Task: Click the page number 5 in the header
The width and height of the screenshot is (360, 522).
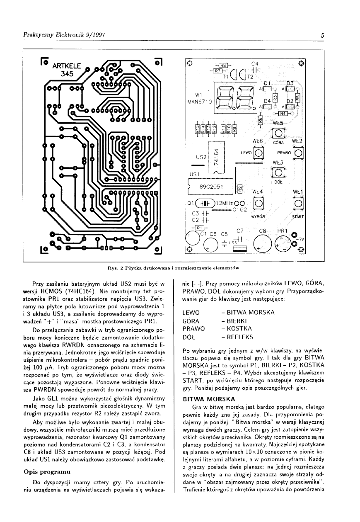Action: pyautogui.click(x=322, y=36)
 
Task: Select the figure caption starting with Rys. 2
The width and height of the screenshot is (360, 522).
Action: pyautogui.click(x=180, y=268)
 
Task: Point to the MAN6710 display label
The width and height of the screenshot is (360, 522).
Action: pyautogui.click(x=200, y=101)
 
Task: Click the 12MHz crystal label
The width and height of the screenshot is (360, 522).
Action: pyautogui.click(x=224, y=203)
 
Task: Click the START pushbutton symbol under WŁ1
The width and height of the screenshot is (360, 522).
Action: pyautogui.click(x=297, y=204)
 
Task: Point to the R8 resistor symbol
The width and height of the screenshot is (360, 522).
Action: pyautogui.click(x=223, y=65)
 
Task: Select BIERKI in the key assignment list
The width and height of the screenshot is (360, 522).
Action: pyautogui.click(x=234, y=321)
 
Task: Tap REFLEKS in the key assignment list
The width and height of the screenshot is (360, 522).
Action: pyautogui.click(x=237, y=337)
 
